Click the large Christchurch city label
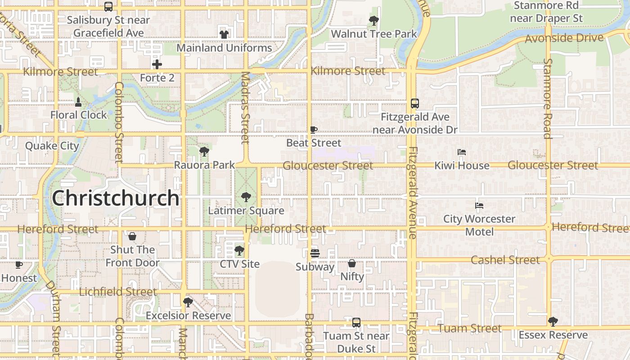[x=116, y=198]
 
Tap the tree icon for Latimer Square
[x=246, y=197]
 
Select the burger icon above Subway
[x=315, y=253]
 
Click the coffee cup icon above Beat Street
[x=314, y=130]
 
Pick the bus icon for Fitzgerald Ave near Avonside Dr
[x=414, y=103]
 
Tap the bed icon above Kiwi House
[x=462, y=152]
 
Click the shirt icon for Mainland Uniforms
[x=224, y=34]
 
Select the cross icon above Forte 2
[x=157, y=64]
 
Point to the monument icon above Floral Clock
[x=78, y=102]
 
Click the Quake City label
[x=52, y=146]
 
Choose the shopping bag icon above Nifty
[x=352, y=263]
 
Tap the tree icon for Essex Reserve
[x=553, y=322]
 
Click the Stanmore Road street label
[x=548, y=98]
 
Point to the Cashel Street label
[x=505, y=260]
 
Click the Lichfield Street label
[x=118, y=292]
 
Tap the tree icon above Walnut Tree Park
[x=373, y=20]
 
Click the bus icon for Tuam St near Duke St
[x=356, y=322]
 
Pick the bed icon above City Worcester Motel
[x=479, y=206]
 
